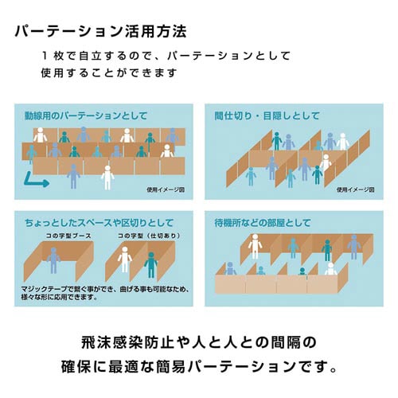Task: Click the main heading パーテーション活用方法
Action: (x=101, y=32)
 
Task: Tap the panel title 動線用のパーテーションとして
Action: (x=86, y=115)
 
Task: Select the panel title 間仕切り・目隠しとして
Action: (x=267, y=115)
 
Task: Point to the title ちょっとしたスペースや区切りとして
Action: (x=99, y=223)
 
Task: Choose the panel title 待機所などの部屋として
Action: (x=263, y=223)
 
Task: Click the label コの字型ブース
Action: (x=68, y=236)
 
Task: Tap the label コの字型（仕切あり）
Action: (x=149, y=236)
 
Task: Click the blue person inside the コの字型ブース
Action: (x=53, y=260)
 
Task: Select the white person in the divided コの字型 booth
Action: (x=125, y=259)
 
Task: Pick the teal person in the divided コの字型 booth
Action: (x=151, y=265)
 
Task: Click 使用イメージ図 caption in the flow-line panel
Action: (x=166, y=190)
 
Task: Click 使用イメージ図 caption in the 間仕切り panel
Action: (x=356, y=190)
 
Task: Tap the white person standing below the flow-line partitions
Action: (x=107, y=178)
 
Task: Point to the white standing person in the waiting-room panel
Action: (x=255, y=247)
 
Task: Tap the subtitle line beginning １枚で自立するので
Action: (x=166, y=56)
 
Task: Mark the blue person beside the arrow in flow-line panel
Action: (x=73, y=177)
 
